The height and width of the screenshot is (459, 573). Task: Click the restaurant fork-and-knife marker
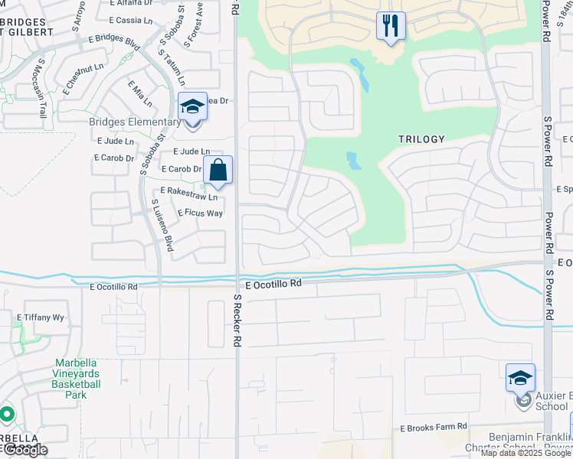[391, 27]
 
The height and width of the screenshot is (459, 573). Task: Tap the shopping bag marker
[218, 171]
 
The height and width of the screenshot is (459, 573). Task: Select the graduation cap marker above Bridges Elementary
[192, 107]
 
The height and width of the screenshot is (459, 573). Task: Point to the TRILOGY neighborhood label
[421, 139]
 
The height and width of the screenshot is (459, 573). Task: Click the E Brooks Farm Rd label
[433, 427]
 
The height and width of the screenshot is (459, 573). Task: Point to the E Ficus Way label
[200, 213]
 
